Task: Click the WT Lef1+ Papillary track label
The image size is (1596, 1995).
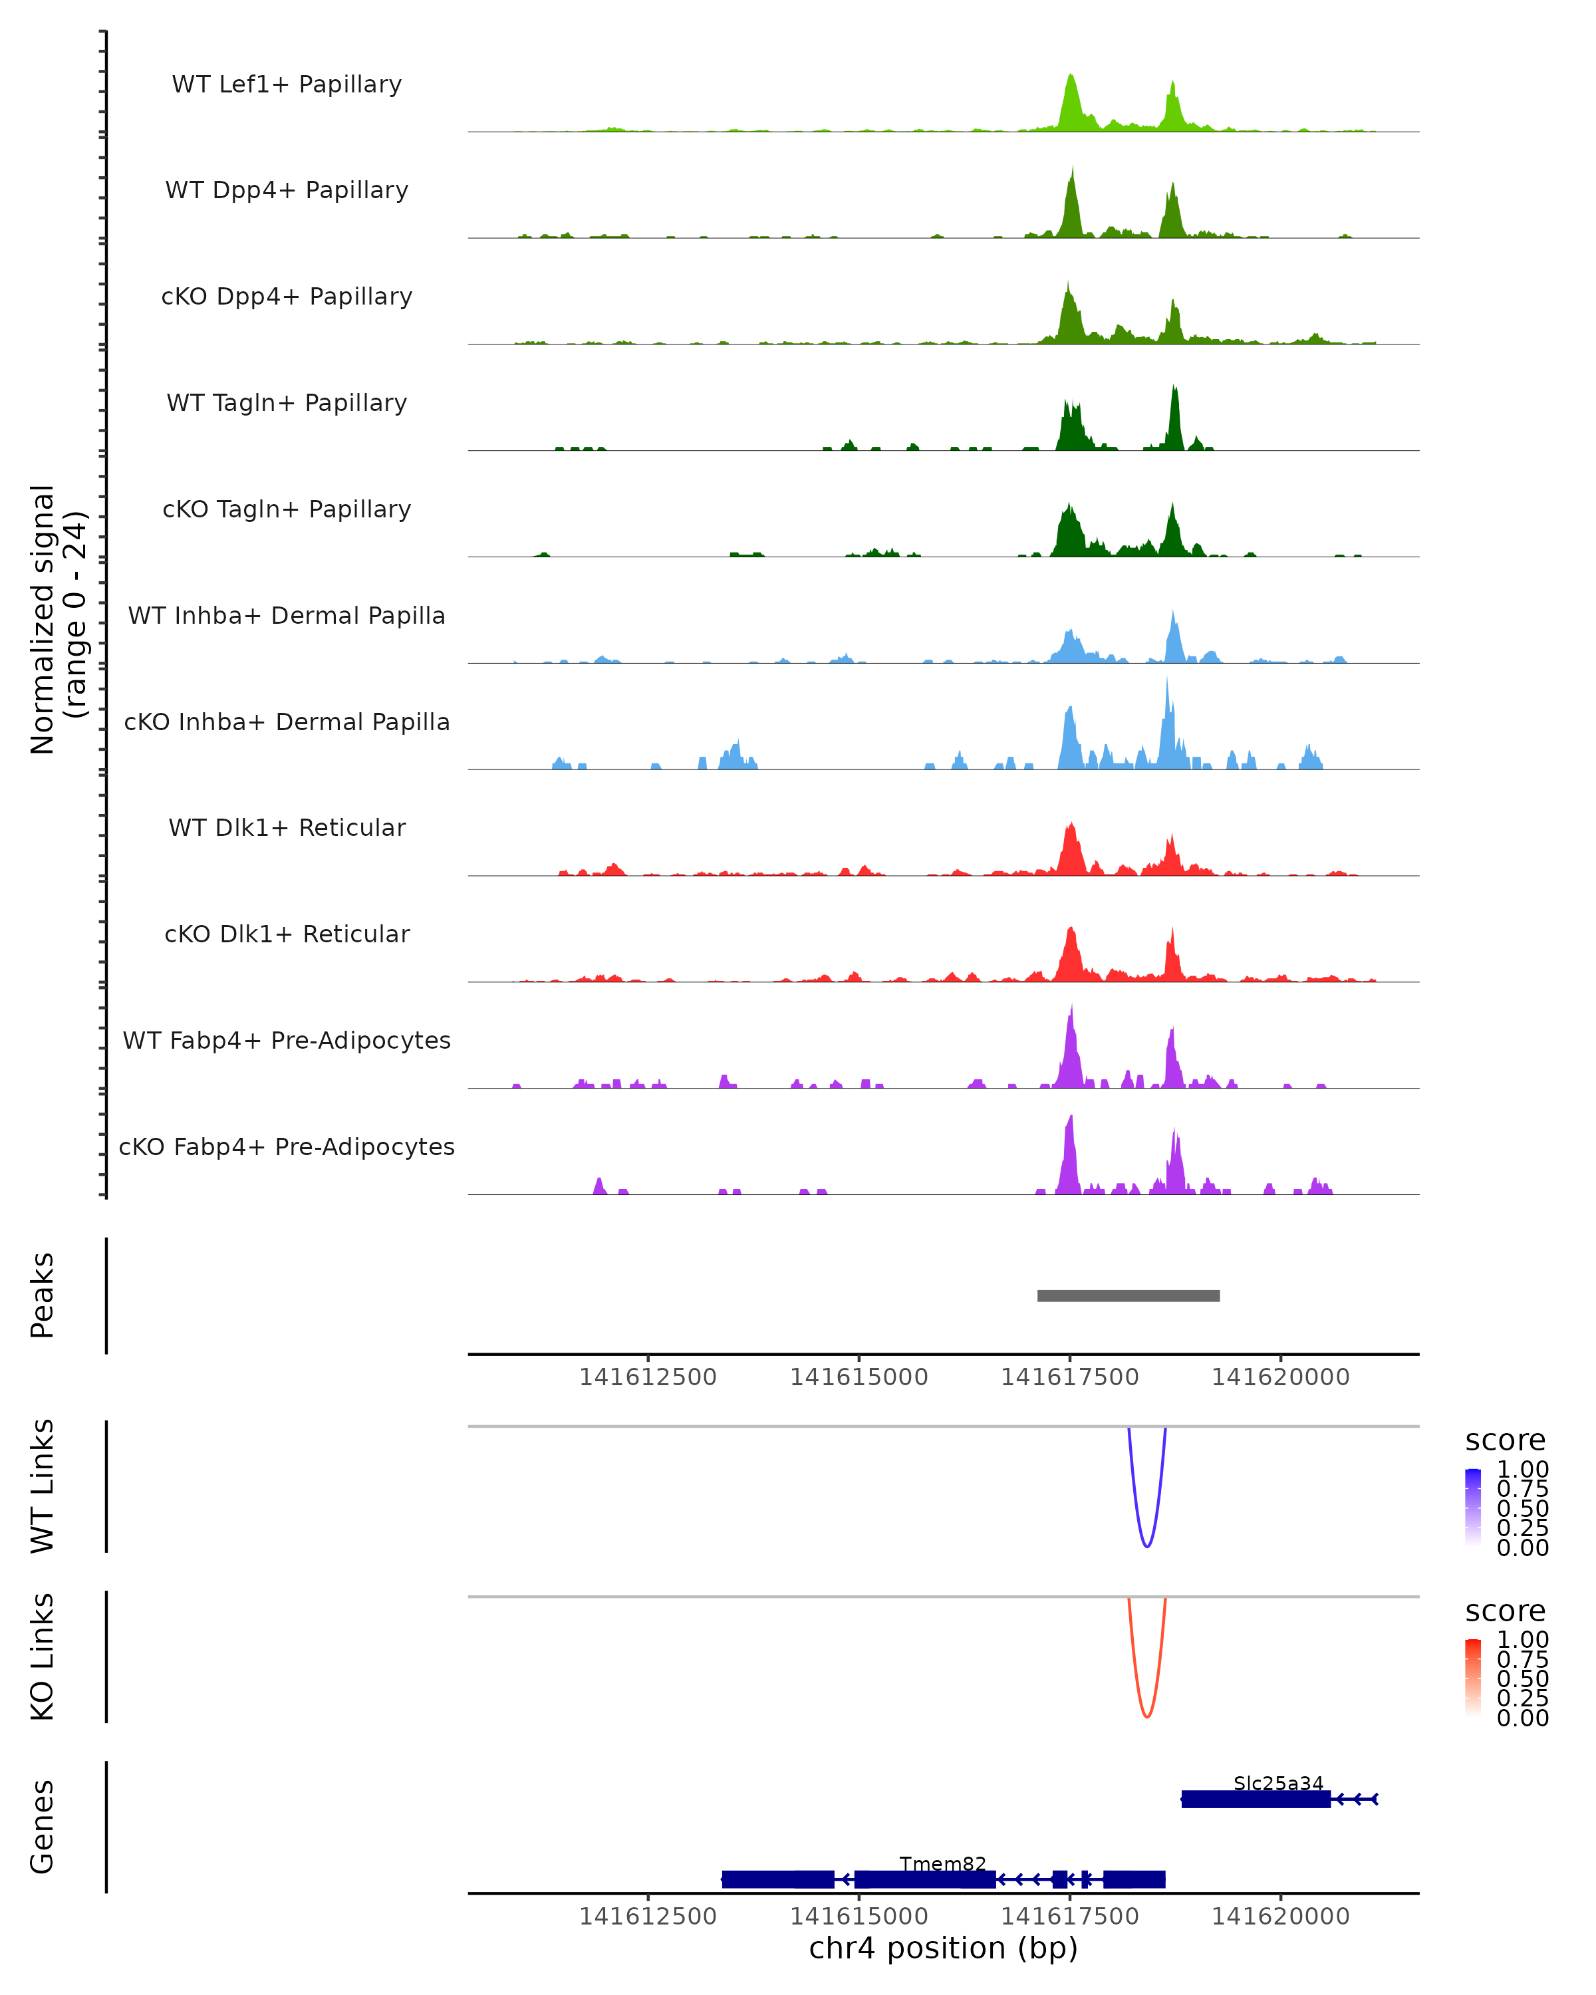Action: click(287, 84)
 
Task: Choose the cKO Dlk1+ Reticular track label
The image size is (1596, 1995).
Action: click(287, 934)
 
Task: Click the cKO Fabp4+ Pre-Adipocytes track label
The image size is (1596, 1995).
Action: click(287, 1146)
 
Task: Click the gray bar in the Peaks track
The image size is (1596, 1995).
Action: click(1128, 1295)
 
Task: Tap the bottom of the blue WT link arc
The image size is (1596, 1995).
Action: click(1146, 1545)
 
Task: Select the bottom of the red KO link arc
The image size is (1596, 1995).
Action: click(1146, 1716)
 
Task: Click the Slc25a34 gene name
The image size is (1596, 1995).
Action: click(1277, 1783)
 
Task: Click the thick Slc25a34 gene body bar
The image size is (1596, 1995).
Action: click(1256, 1799)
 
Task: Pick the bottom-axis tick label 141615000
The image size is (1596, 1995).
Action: click(859, 1917)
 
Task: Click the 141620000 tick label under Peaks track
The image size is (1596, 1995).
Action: click(1281, 1377)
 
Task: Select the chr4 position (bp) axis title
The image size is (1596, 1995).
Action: click(943, 1948)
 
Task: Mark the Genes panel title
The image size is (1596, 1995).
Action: click(43, 1827)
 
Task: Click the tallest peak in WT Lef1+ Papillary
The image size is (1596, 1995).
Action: click(1071, 76)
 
